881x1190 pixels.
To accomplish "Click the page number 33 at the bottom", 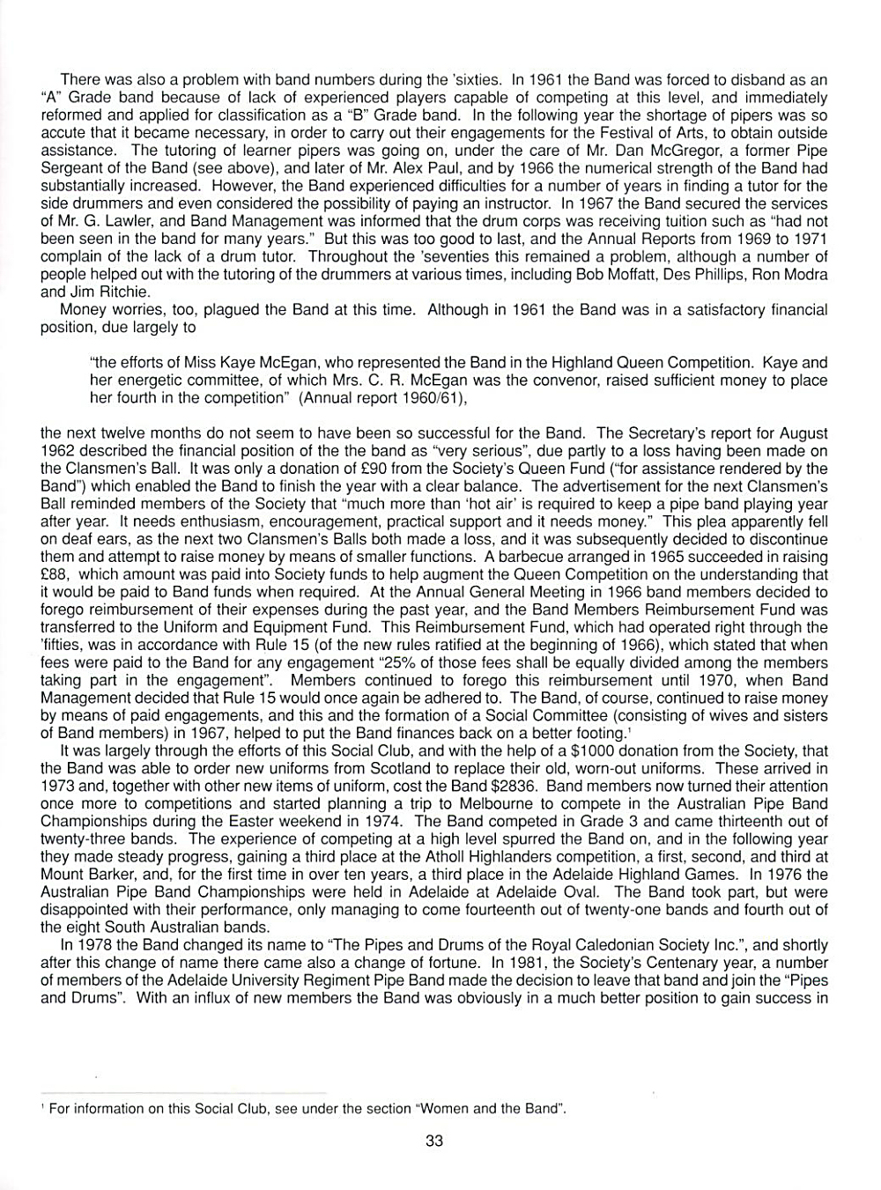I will coord(434,1142).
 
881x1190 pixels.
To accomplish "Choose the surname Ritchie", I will coord(125,292).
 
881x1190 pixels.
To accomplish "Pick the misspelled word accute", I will coord(64,133).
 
